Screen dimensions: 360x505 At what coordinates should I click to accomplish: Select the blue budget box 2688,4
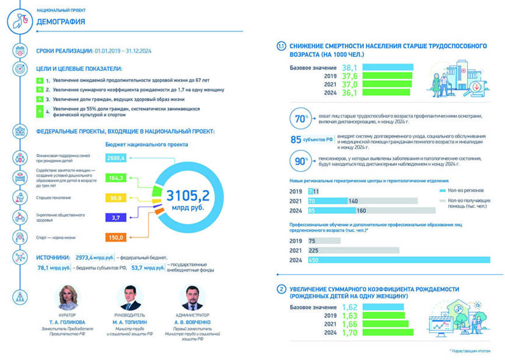coord(115,158)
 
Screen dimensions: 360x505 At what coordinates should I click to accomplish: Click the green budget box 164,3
coord(115,177)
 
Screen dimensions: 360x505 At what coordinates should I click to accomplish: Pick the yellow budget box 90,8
coord(115,197)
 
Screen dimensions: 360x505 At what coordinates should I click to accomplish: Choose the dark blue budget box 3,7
coord(115,217)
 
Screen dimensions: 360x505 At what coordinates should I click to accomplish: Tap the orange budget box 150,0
coord(115,237)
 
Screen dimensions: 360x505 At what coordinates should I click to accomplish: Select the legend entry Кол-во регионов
coord(467,191)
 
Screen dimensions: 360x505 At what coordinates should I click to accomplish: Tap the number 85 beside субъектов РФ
coord(296,139)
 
